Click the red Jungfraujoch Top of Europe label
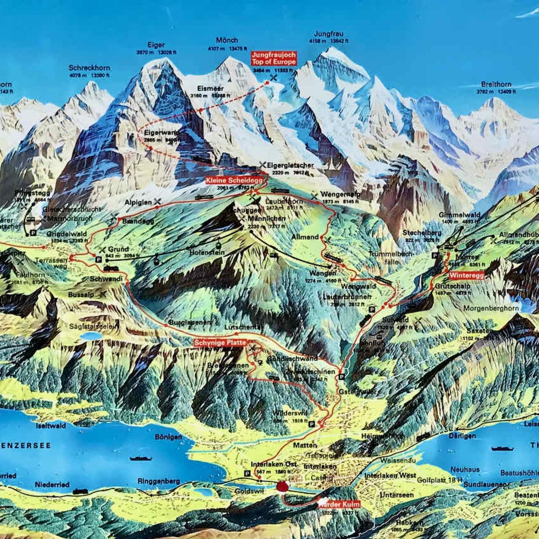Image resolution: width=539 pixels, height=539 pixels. click(274, 58)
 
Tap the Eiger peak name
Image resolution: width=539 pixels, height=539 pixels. click(156, 45)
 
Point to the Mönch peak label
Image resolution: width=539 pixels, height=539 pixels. click(227, 40)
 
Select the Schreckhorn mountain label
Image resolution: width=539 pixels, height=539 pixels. click(89, 68)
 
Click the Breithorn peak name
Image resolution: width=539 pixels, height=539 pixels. click(496, 84)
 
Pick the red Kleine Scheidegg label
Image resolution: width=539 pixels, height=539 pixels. click(234, 180)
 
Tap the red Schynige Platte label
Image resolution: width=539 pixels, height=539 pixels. click(220, 343)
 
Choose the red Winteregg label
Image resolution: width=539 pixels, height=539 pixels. click(466, 275)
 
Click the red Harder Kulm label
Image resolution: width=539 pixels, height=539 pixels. click(339, 504)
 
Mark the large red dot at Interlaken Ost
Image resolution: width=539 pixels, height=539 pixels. click(282, 487)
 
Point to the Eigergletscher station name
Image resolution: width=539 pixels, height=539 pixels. click(290, 165)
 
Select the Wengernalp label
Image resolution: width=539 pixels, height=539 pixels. click(340, 194)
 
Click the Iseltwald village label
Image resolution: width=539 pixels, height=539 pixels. click(51, 426)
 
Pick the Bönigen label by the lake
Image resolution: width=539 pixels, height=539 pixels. click(168, 437)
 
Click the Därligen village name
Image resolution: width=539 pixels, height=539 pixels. click(462, 436)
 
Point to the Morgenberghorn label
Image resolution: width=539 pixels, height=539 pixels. click(491, 308)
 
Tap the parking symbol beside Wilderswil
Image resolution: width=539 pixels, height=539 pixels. click(311, 424)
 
